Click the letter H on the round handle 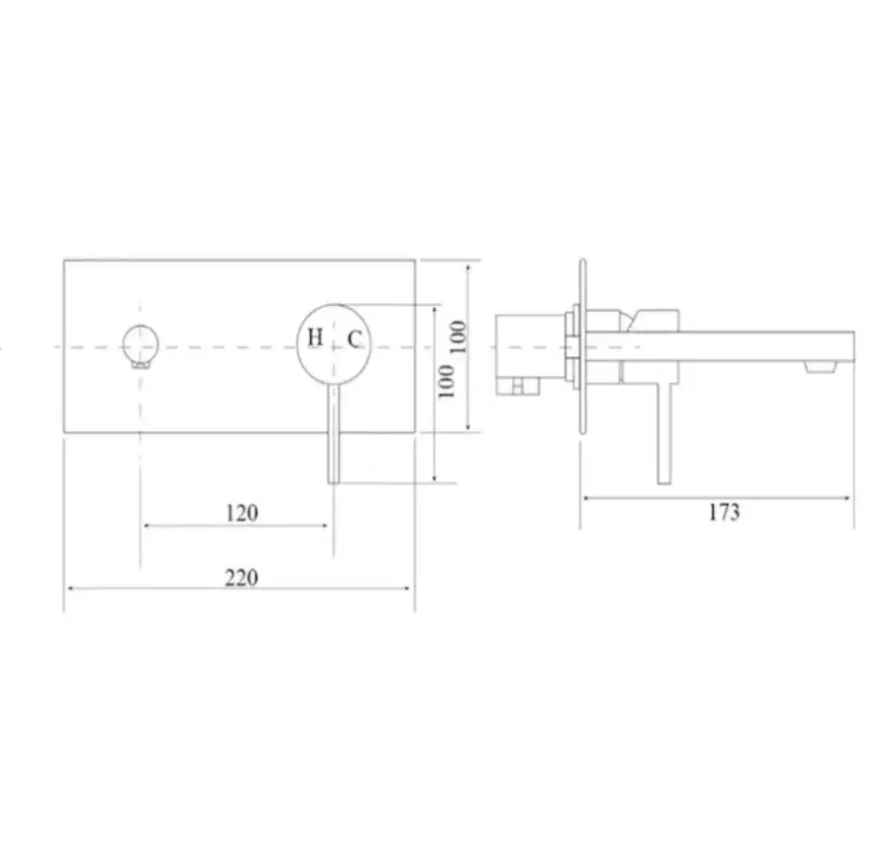(x=316, y=337)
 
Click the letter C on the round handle (x=354, y=339)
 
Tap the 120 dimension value (x=243, y=514)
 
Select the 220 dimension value (x=242, y=578)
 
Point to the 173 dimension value (x=724, y=512)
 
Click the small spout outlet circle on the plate (x=139, y=345)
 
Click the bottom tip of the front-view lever (x=334, y=482)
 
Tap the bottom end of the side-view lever (x=665, y=483)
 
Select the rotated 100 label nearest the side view (x=459, y=336)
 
